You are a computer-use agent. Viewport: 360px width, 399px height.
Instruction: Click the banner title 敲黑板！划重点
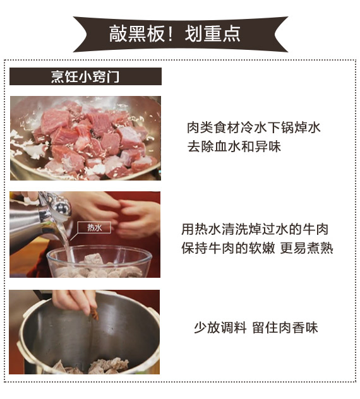pyautogui.click(x=175, y=34)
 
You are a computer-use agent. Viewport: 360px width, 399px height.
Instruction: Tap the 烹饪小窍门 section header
pyautogui.click(x=85, y=76)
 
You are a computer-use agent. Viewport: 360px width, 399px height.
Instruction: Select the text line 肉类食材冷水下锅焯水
pyautogui.click(x=253, y=128)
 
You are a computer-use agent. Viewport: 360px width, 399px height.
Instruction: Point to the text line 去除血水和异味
pyautogui.click(x=234, y=146)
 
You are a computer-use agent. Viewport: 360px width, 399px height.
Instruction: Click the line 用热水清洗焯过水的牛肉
pyautogui.click(x=255, y=229)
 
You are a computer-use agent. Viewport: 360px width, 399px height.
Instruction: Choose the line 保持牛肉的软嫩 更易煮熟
pyautogui.click(x=257, y=248)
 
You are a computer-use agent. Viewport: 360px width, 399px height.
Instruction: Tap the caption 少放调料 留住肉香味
pyautogui.click(x=256, y=328)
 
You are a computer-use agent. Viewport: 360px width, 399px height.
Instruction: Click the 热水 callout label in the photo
pyautogui.click(x=94, y=227)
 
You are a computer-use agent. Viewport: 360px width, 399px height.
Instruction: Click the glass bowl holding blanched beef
pyautogui.click(x=99, y=261)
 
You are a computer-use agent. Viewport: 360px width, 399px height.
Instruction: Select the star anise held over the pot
pyautogui.click(x=93, y=315)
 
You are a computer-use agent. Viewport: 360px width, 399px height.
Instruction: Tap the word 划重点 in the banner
pyautogui.click(x=213, y=34)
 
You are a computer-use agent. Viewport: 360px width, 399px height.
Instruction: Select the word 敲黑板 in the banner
pyautogui.click(x=137, y=34)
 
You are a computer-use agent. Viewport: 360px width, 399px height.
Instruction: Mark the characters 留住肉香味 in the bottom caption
pyautogui.click(x=285, y=328)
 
